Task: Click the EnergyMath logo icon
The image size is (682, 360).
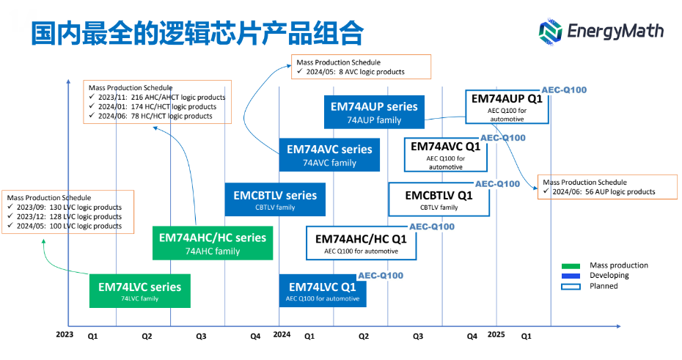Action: (551, 31)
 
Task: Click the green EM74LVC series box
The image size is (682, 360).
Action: (139, 290)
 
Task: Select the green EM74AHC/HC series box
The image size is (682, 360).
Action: (213, 243)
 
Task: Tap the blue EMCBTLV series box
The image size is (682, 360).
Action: (275, 199)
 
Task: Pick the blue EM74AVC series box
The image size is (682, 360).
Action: (329, 154)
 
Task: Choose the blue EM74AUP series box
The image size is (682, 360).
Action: (374, 111)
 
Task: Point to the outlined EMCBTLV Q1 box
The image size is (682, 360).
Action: (439, 199)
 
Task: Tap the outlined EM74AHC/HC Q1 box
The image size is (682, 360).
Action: (361, 243)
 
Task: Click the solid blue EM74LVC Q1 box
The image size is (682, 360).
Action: (323, 290)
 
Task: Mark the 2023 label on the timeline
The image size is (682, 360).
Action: (65, 335)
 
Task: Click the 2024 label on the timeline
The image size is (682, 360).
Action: (282, 335)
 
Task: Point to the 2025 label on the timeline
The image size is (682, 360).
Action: (496, 335)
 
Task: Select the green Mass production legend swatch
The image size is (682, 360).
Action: (571, 265)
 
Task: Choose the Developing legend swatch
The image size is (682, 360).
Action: (571, 276)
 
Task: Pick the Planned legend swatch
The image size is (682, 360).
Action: (571, 287)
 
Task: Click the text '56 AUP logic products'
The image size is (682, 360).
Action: (609, 192)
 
